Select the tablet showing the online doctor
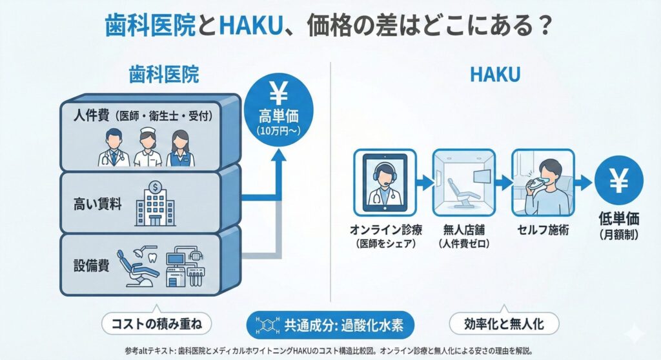pyautogui.click(x=384, y=183)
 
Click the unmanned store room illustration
pyautogui.click(x=463, y=183)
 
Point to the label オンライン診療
pyautogui.click(x=384, y=230)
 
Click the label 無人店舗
pyautogui.click(x=463, y=230)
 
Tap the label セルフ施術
pyautogui.click(x=542, y=230)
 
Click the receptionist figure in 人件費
pyautogui.click(x=180, y=148)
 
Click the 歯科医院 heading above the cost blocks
pyautogui.click(x=163, y=75)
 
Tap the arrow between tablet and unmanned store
pyautogui.click(x=422, y=183)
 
